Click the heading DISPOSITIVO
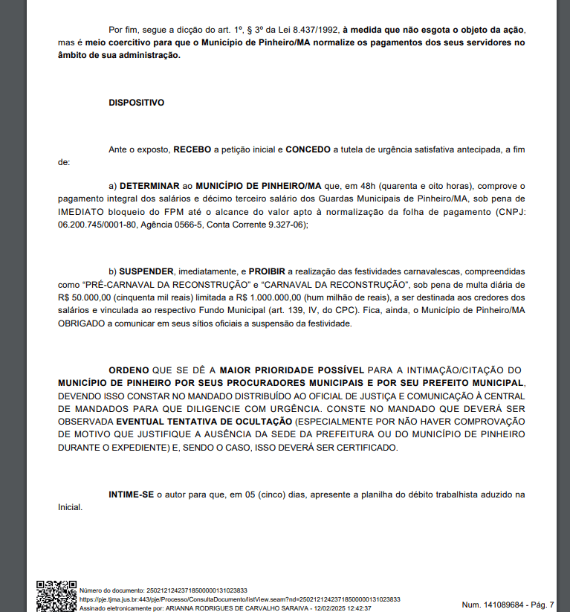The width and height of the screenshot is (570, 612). coord(136,103)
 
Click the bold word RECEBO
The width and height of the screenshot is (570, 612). coord(192,149)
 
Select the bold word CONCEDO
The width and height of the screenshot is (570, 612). coord(308,149)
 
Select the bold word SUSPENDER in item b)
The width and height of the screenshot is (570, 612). coord(146,271)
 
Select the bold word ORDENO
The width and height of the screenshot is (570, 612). coord(129,370)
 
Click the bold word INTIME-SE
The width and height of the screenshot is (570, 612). coord(131,495)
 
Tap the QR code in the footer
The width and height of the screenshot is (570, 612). coord(56,596)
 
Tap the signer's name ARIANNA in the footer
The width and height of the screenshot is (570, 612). coord(182,608)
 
